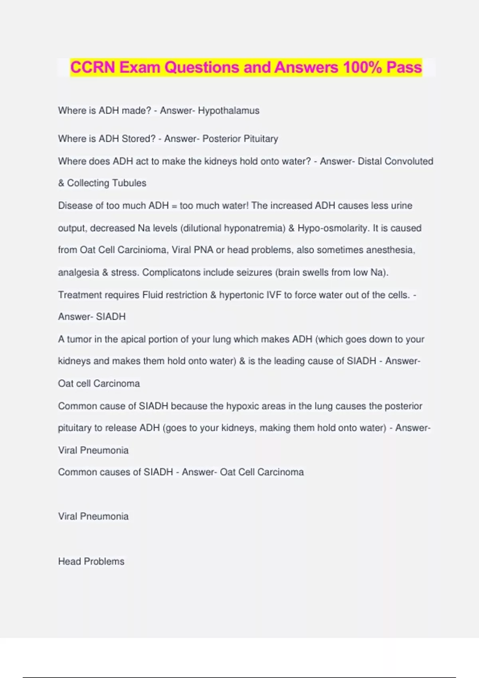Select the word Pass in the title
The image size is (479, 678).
pos(404,67)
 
